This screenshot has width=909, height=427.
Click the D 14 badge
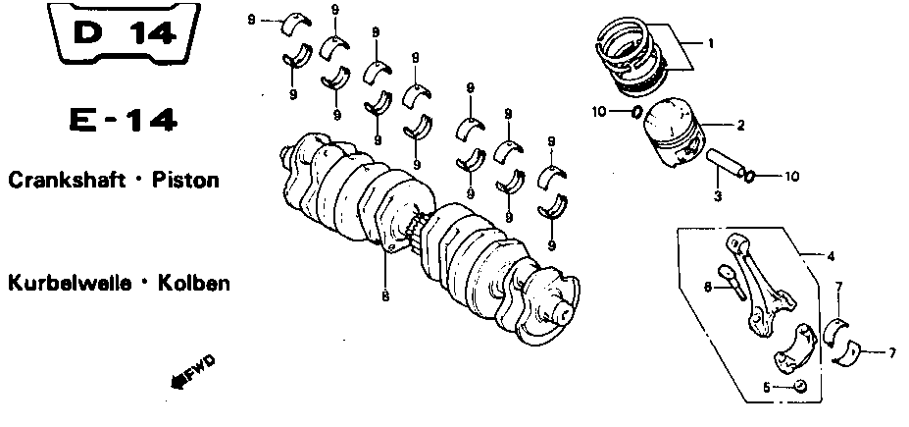click(x=125, y=32)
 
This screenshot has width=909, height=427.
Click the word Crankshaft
click(x=67, y=180)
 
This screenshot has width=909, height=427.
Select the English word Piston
click(x=185, y=180)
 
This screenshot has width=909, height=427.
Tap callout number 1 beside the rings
click(x=711, y=43)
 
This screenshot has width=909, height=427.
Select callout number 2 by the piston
click(x=740, y=125)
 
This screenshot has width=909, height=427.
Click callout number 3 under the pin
click(x=718, y=196)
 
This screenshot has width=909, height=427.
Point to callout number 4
click(x=831, y=256)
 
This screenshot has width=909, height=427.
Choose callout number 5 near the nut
click(x=767, y=388)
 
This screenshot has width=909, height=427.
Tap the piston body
click(x=675, y=133)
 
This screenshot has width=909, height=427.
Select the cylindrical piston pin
click(x=725, y=163)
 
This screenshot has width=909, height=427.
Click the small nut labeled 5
click(x=799, y=385)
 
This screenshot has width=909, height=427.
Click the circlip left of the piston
click(x=636, y=112)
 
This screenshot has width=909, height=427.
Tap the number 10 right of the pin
click(x=792, y=175)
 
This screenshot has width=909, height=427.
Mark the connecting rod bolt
click(x=732, y=281)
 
